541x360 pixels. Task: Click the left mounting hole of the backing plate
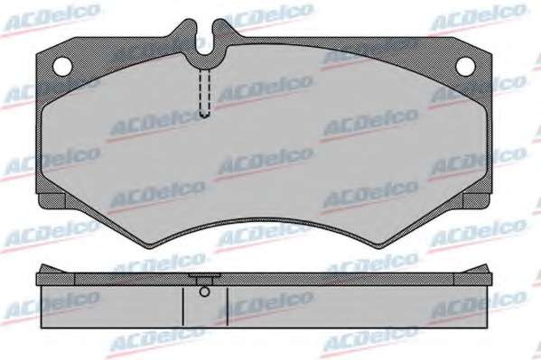click(63, 66)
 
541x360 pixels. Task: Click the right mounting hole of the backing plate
click(465, 66)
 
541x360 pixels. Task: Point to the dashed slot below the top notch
click(205, 92)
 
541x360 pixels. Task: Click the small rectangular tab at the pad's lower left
click(51, 201)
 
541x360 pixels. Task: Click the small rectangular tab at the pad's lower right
click(476, 201)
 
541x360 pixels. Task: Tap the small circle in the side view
click(205, 291)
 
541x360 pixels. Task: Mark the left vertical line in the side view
click(182, 307)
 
